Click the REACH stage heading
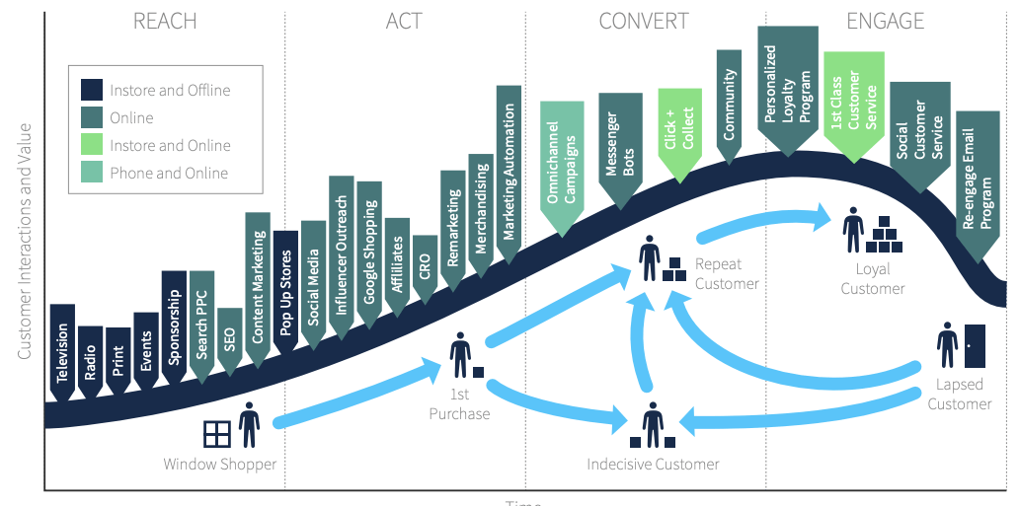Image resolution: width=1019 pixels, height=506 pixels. (165, 21)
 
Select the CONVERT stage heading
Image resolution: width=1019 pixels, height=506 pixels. (644, 21)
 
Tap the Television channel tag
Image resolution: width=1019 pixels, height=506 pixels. (62, 350)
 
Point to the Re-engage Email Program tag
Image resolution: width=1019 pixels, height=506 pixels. (977, 192)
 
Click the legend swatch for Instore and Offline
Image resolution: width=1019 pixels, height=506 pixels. (92, 90)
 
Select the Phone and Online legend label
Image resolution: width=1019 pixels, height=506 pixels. (169, 173)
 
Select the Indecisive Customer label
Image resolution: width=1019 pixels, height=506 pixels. (653, 464)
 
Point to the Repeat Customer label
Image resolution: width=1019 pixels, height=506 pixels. (727, 274)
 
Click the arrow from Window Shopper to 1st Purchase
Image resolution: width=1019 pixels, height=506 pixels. (355, 396)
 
